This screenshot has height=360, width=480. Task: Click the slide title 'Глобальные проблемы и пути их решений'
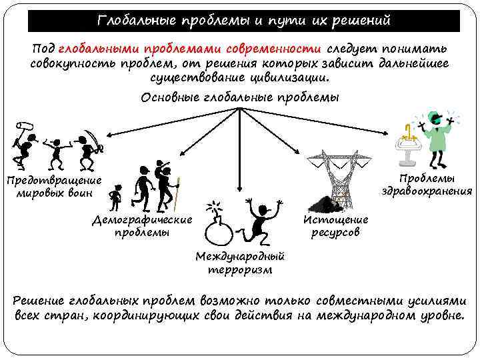click(243, 21)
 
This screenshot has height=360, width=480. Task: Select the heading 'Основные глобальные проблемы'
click(240, 98)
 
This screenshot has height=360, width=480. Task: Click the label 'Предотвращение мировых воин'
click(53, 187)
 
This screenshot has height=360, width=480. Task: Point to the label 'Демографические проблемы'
click(142, 226)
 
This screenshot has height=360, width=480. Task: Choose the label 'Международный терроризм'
click(240, 263)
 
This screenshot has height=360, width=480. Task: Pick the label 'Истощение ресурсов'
click(335, 226)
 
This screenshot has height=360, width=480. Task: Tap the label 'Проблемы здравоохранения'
click(427, 185)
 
